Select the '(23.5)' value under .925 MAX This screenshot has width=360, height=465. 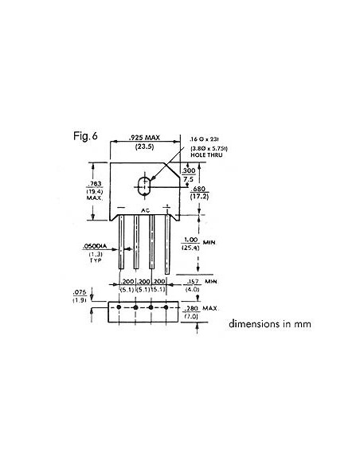[x=143, y=149]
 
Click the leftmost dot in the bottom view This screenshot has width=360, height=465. [x=119, y=307]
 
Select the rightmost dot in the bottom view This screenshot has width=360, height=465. [x=167, y=307]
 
